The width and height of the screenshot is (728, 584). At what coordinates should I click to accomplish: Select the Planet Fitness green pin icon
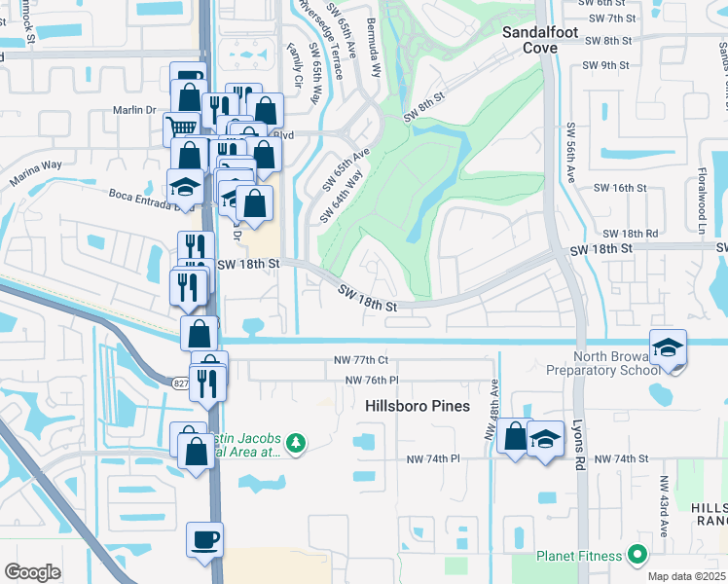point(637,556)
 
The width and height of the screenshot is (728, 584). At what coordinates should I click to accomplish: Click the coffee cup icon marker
point(205,538)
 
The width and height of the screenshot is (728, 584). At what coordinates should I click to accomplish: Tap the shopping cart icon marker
point(181,127)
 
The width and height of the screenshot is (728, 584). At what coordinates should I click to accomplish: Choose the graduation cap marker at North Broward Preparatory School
point(669,348)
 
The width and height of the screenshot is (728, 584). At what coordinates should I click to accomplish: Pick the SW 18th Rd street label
point(630,234)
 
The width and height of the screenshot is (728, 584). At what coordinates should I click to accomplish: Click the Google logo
point(32,572)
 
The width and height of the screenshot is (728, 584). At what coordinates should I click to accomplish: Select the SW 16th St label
point(620,187)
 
